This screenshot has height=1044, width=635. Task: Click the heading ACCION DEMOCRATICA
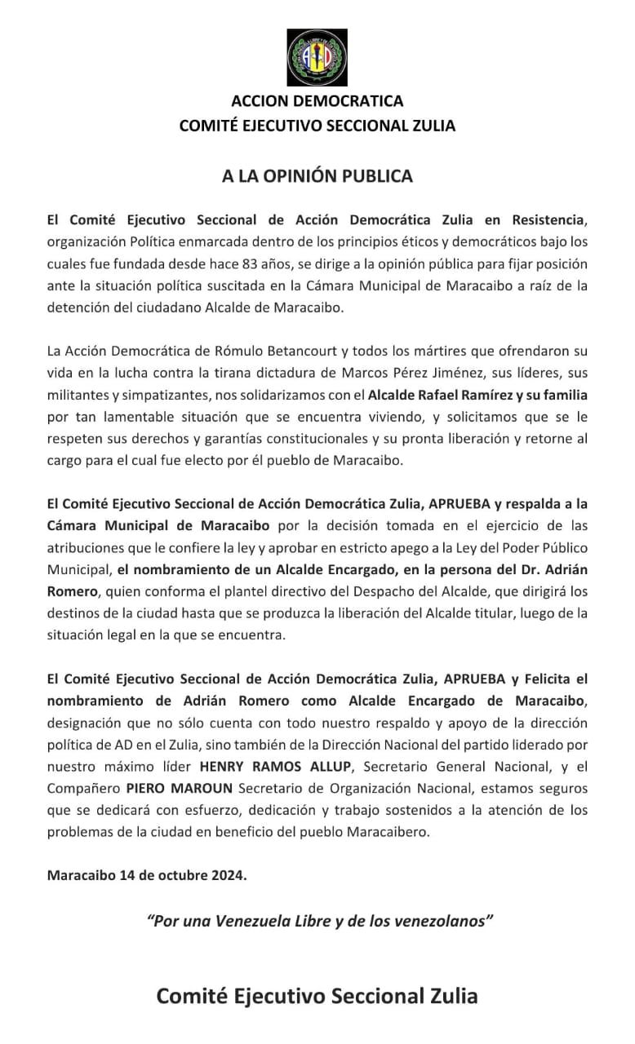[317, 102]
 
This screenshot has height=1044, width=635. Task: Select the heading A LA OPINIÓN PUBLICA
[317, 176]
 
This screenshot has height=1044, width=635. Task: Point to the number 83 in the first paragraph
[252, 264]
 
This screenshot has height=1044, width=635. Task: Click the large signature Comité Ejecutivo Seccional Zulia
[317, 996]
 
